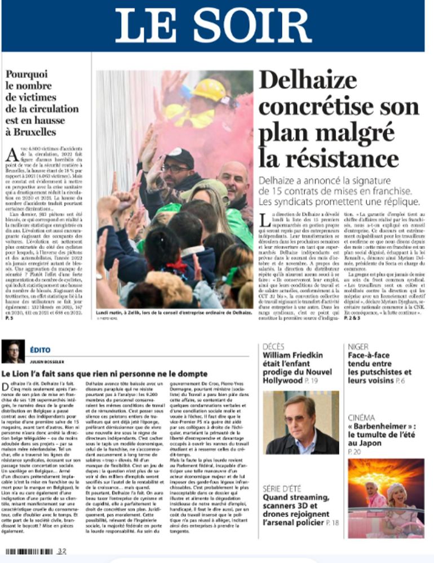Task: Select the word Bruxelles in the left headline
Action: point(30,132)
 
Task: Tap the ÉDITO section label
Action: point(41,350)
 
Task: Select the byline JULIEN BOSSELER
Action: point(47,362)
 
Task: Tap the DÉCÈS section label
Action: point(274,347)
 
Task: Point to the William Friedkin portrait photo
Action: point(300,422)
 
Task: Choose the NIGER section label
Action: point(358,347)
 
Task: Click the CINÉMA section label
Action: point(362,418)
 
